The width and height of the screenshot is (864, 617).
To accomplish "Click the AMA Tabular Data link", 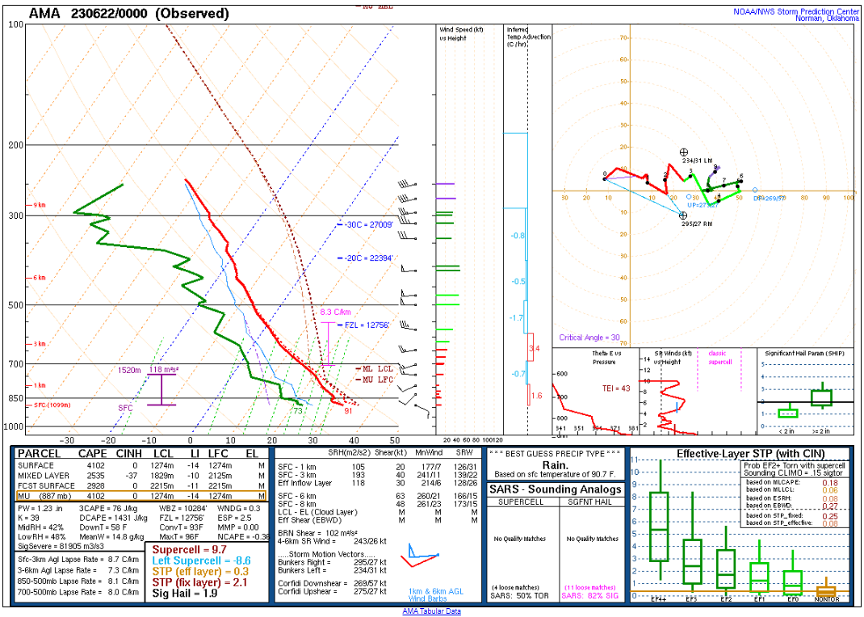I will click(x=431, y=611).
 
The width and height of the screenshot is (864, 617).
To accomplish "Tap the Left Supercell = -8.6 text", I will click(x=192, y=560).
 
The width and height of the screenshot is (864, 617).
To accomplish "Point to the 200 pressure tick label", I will click(x=15, y=145).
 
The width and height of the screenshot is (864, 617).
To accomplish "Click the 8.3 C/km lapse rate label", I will click(x=335, y=312).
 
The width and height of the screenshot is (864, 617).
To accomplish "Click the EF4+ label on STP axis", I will click(x=660, y=599).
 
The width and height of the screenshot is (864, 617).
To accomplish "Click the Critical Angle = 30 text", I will click(x=589, y=338).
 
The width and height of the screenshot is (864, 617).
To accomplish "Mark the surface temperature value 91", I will click(x=348, y=410).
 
